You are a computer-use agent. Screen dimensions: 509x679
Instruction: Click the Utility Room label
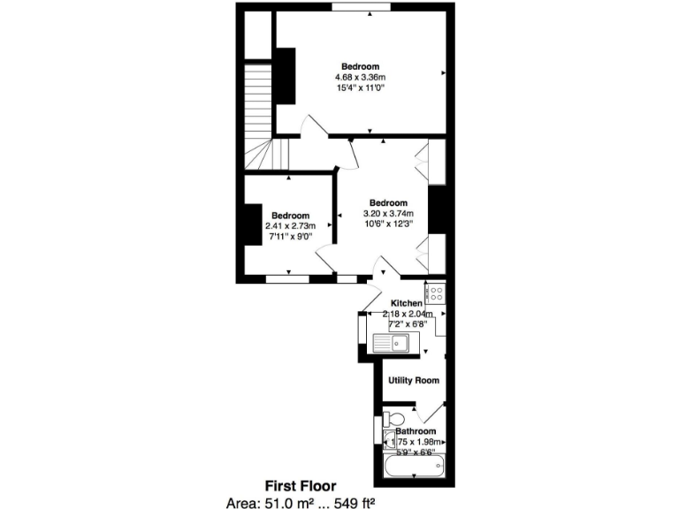click(x=414, y=380)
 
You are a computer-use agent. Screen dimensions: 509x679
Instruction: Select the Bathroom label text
click(x=415, y=431)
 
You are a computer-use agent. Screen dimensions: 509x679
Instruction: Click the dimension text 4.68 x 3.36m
click(x=361, y=78)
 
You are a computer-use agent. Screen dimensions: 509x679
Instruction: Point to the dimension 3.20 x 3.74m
click(x=388, y=213)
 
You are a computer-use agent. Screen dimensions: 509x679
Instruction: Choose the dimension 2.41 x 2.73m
click(x=290, y=226)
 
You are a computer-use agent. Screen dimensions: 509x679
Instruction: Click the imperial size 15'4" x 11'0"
click(x=361, y=88)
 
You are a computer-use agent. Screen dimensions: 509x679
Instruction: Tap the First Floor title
click(x=301, y=485)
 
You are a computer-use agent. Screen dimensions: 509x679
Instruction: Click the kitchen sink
click(x=390, y=344)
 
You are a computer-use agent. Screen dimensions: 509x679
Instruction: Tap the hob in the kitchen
click(x=435, y=292)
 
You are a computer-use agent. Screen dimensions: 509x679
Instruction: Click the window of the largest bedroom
click(x=361, y=7)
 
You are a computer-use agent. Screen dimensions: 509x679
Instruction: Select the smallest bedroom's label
click(x=290, y=216)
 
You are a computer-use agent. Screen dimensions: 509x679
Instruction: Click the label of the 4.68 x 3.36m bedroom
click(x=361, y=67)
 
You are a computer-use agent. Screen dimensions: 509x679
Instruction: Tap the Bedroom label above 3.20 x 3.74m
click(x=388, y=202)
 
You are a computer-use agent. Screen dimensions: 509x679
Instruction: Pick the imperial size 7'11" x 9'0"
click(x=290, y=237)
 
